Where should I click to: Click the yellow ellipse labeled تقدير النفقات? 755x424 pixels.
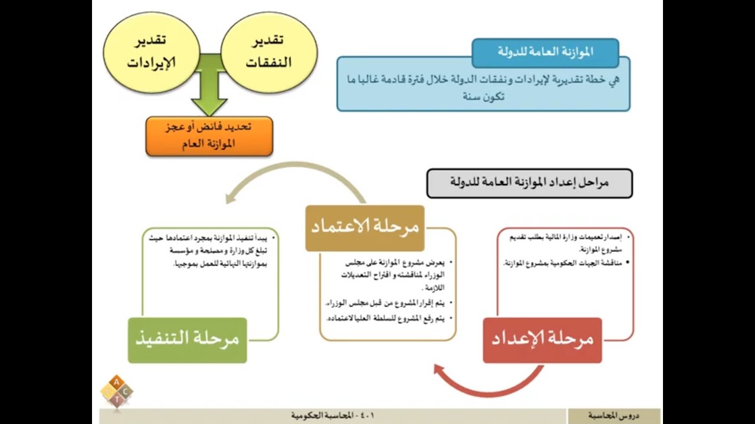pyautogui.click(x=268, y=52)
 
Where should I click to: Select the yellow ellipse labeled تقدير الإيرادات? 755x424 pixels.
pyautogui.click(x=147, y=52)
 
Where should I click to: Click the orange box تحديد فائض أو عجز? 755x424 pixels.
pyautogui.click(x=209, y=135)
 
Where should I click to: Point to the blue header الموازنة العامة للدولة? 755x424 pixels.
pyautogui.click(x=545, y=52)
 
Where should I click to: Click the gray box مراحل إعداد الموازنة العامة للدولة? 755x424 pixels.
pyautogui.click(x=529, y=183)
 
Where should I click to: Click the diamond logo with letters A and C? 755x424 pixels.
pyautogui.click(x=116, y=390)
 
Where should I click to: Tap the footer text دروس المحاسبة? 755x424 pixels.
pyautogui.click(x=613, y=416)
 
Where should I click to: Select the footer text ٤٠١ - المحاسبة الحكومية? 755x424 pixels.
pyautogui.click(x=333, y=416)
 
